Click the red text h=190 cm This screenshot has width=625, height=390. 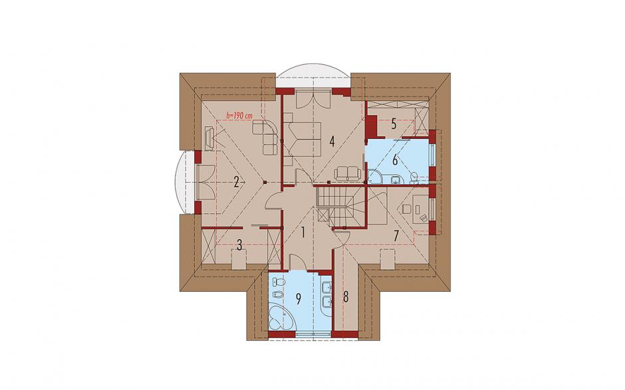pos(239,116)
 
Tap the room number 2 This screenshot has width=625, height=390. pos(236,183)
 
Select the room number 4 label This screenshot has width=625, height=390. pos(332,142)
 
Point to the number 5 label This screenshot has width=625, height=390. pos(394,124)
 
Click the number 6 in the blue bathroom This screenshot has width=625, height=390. pos(395,160)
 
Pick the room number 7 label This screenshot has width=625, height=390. pos(396,235)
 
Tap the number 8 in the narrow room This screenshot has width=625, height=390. pos(346,297)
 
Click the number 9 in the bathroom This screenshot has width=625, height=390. pos(299,299)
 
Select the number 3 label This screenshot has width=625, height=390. pos(239,245)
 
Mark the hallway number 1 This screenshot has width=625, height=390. pos(303,233)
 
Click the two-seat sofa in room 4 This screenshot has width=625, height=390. pos(348,173)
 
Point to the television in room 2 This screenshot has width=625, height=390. pos(209,138)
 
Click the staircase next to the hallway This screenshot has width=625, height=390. pos(341,207)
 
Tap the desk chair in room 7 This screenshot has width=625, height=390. pos(406,209)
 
